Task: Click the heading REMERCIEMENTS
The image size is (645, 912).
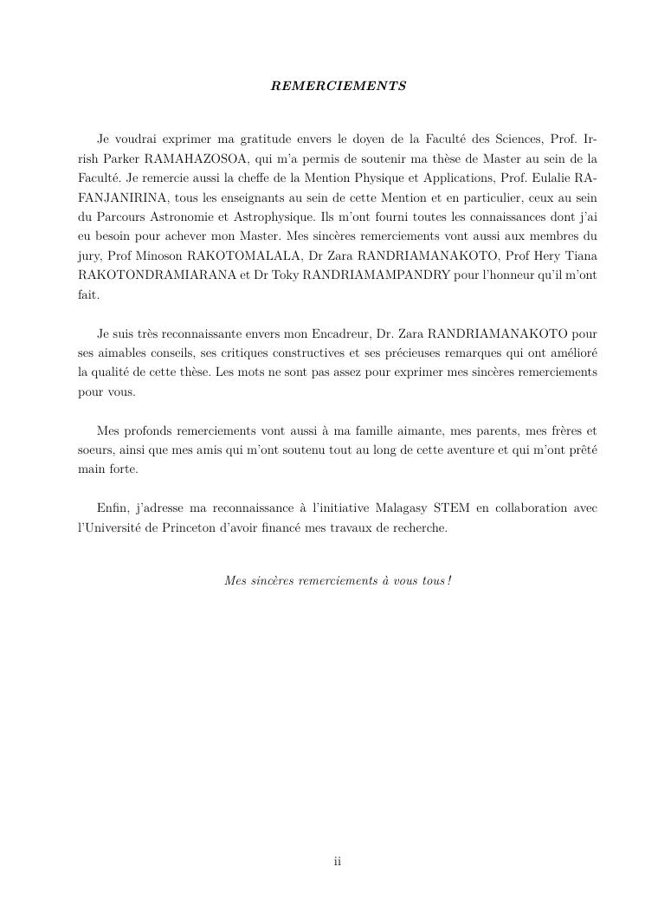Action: click(339, 87)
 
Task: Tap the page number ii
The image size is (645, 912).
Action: click(338, 861)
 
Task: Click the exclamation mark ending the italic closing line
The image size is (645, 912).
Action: click(450, 580)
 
